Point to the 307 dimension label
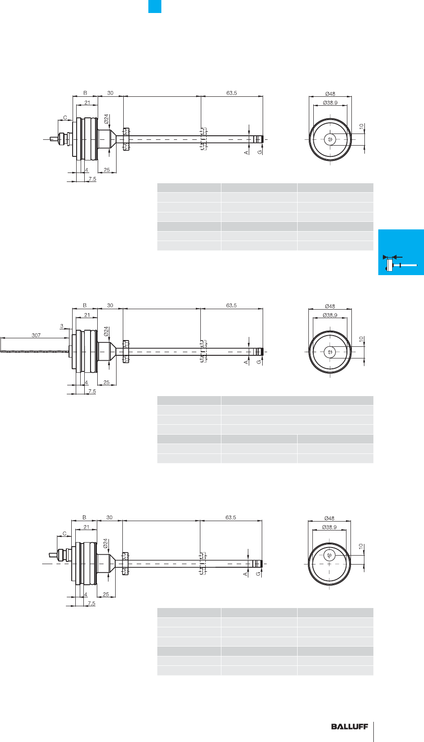[x=36, y=335]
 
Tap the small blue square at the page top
[x=155, y=6]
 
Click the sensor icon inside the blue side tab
[x=400, y=263]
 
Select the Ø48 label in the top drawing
[x=330, y=94]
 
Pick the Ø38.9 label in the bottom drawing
[x=329, y=527]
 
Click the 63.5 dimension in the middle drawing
[x=232, y=306]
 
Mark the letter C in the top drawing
[x=65, y=117]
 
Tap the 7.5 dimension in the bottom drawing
[x=91, y=603]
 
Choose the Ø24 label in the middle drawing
[x=106, y=331]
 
